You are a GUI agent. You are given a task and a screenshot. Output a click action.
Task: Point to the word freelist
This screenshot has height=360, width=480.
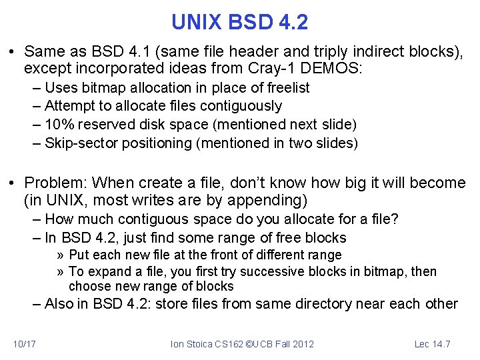tap(286, 88)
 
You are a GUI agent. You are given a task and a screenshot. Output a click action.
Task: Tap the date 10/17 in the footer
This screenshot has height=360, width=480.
tap(25, 344)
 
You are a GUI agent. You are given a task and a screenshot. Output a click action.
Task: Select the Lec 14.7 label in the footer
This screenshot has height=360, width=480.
tap(432, 344)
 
